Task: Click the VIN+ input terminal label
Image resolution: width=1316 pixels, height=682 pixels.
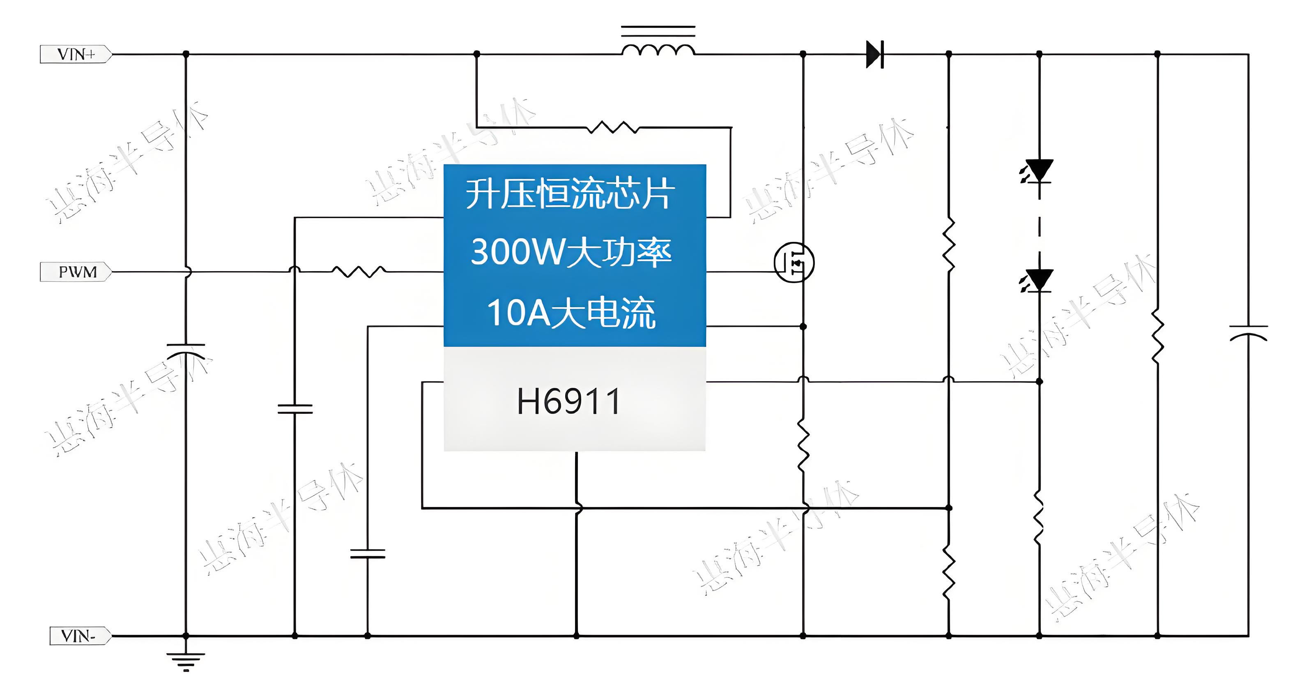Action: coord(76,54)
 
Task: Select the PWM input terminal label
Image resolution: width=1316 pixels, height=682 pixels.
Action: coord(77,272)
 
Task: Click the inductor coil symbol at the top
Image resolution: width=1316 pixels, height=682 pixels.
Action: coord(658,48)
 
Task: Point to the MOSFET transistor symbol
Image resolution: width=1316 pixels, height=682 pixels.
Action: coord(794,263)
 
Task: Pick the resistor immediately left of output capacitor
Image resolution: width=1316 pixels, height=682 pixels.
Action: coord(1157,336)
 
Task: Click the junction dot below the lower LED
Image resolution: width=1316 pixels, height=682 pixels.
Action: coord(1039,381)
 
